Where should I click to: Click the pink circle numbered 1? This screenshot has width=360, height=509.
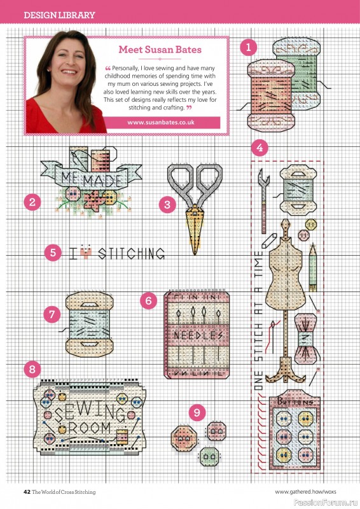(x=249, y=46)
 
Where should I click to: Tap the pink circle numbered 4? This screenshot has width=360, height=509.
(x=258, y=148)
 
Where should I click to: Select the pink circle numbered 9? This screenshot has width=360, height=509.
(x=197, y=413)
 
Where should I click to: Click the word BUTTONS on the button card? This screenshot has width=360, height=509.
(x=294, y=402)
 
